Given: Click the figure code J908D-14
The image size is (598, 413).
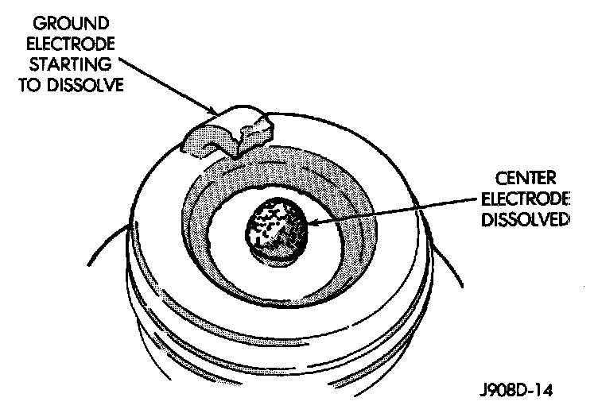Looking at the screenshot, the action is tap(516, 391).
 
